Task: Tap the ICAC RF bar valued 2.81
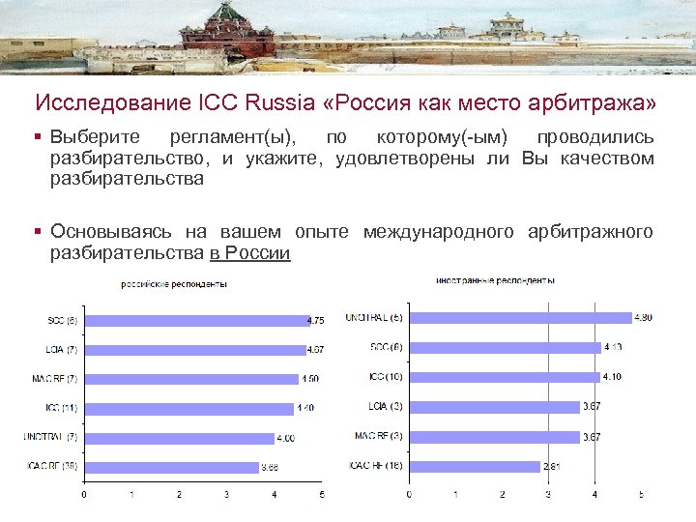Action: (474, 466)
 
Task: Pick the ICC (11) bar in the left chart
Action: (188, 409)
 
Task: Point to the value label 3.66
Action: (273, 468)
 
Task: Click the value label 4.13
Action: (613, 346)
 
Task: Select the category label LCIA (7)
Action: (61, 350)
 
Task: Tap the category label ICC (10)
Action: (386, 376)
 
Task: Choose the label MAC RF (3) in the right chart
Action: (378, 436)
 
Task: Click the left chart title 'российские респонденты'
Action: (173, 284)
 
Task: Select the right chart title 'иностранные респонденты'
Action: (495, 280)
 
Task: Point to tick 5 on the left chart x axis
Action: (323, 495)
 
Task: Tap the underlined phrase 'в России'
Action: (249, 253)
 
